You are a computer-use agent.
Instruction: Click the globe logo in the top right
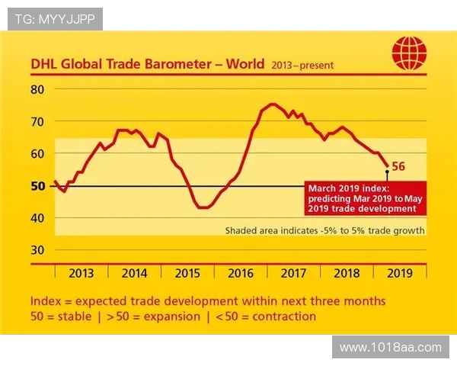409,54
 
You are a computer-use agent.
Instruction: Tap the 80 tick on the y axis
38,89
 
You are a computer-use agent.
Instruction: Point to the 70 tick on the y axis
38,121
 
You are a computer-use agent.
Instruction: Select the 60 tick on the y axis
38,153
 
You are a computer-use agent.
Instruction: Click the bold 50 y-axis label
38,185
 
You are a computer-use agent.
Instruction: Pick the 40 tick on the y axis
38,217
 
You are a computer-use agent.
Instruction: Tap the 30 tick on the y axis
38,249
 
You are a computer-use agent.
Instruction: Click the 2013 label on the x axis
81,273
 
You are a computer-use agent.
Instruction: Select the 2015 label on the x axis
187,273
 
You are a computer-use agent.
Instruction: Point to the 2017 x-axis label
293,273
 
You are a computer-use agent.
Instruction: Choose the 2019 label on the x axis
399,273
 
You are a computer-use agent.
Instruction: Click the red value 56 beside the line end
398,165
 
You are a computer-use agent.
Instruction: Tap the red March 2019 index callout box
364,198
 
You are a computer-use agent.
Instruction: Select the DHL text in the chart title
44,65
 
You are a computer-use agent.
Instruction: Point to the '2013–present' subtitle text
302,66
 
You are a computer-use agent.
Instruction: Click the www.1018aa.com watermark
390,348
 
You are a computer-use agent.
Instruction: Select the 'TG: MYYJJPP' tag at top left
55,19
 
